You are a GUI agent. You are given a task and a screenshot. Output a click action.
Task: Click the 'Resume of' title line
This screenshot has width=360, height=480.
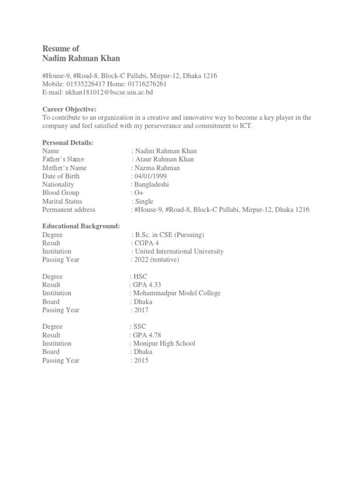tap(61, 48)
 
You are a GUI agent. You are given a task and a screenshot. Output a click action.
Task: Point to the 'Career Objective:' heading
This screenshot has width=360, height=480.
tap(69, 109)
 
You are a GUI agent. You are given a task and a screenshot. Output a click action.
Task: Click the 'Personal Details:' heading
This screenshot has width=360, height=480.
tap(67, 142)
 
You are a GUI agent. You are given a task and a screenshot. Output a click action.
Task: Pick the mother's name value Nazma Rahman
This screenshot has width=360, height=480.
tap(157, 168)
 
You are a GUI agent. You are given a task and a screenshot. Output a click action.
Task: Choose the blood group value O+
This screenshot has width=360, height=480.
tap(140, 193)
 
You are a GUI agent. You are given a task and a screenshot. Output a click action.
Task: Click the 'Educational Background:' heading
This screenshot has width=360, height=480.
tap(81, 226)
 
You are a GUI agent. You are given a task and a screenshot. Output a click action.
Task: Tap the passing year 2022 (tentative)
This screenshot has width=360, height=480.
tap(157, 260)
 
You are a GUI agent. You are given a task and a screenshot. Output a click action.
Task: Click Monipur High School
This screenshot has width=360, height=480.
tap(164, 344)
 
